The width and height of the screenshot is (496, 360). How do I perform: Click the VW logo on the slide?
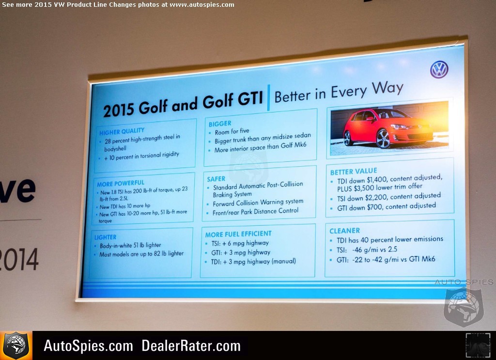pos(439,70)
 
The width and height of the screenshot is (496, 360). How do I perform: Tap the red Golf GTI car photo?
pos(389,128)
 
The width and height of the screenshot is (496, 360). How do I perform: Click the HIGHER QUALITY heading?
pos(122,131)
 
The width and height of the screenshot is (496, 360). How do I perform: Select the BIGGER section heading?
pos(220,124)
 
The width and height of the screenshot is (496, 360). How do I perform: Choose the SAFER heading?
pos(216,179)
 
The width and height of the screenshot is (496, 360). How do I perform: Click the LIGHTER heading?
pos(105,237)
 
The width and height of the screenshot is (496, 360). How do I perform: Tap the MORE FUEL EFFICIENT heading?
pos(238,234)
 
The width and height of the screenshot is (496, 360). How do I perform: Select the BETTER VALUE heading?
pos(354,172)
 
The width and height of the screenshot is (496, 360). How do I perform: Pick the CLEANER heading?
pos(345,231)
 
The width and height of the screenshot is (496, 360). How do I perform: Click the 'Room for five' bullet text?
pos(232,131)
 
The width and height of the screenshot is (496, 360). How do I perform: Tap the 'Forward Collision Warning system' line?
pos(258,203)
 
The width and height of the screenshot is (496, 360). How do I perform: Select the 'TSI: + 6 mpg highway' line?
pos(240,243)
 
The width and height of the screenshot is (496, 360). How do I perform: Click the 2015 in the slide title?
pos(119,110)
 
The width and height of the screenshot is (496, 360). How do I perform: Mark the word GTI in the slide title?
pos(250,99)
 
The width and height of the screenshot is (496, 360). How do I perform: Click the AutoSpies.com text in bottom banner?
pos(88,345)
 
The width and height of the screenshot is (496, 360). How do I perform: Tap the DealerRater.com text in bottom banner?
pos(191,345)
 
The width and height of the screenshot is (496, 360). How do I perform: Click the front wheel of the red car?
pos(383,139)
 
